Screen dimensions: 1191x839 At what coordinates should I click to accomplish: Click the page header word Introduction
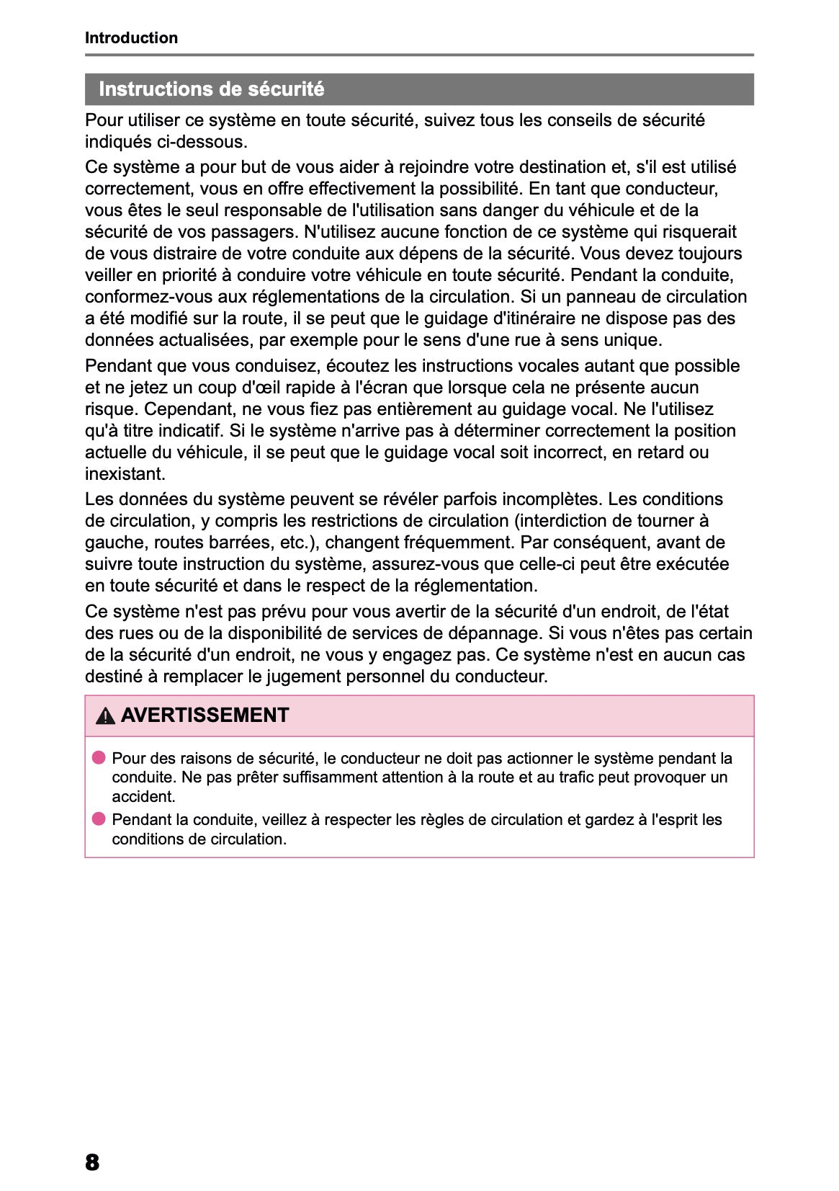click(x=131, y=38)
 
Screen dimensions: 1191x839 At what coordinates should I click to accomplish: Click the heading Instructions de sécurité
click(x=211, y=89)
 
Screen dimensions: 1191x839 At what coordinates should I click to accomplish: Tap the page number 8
click(x=92, y=1161)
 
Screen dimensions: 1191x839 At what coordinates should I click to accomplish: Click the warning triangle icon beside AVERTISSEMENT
click(x=105, y=716)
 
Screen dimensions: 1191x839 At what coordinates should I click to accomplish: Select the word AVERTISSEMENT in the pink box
click(x=205, y=715)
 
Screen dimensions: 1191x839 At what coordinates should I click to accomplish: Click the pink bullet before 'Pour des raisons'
click(x=99, y=757)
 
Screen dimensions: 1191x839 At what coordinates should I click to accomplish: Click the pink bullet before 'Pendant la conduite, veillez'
click(x=99, y=818)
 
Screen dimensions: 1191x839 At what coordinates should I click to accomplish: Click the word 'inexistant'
click(x=125, y=474)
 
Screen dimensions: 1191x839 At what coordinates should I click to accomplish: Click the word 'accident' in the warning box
click(x=143, y=797)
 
